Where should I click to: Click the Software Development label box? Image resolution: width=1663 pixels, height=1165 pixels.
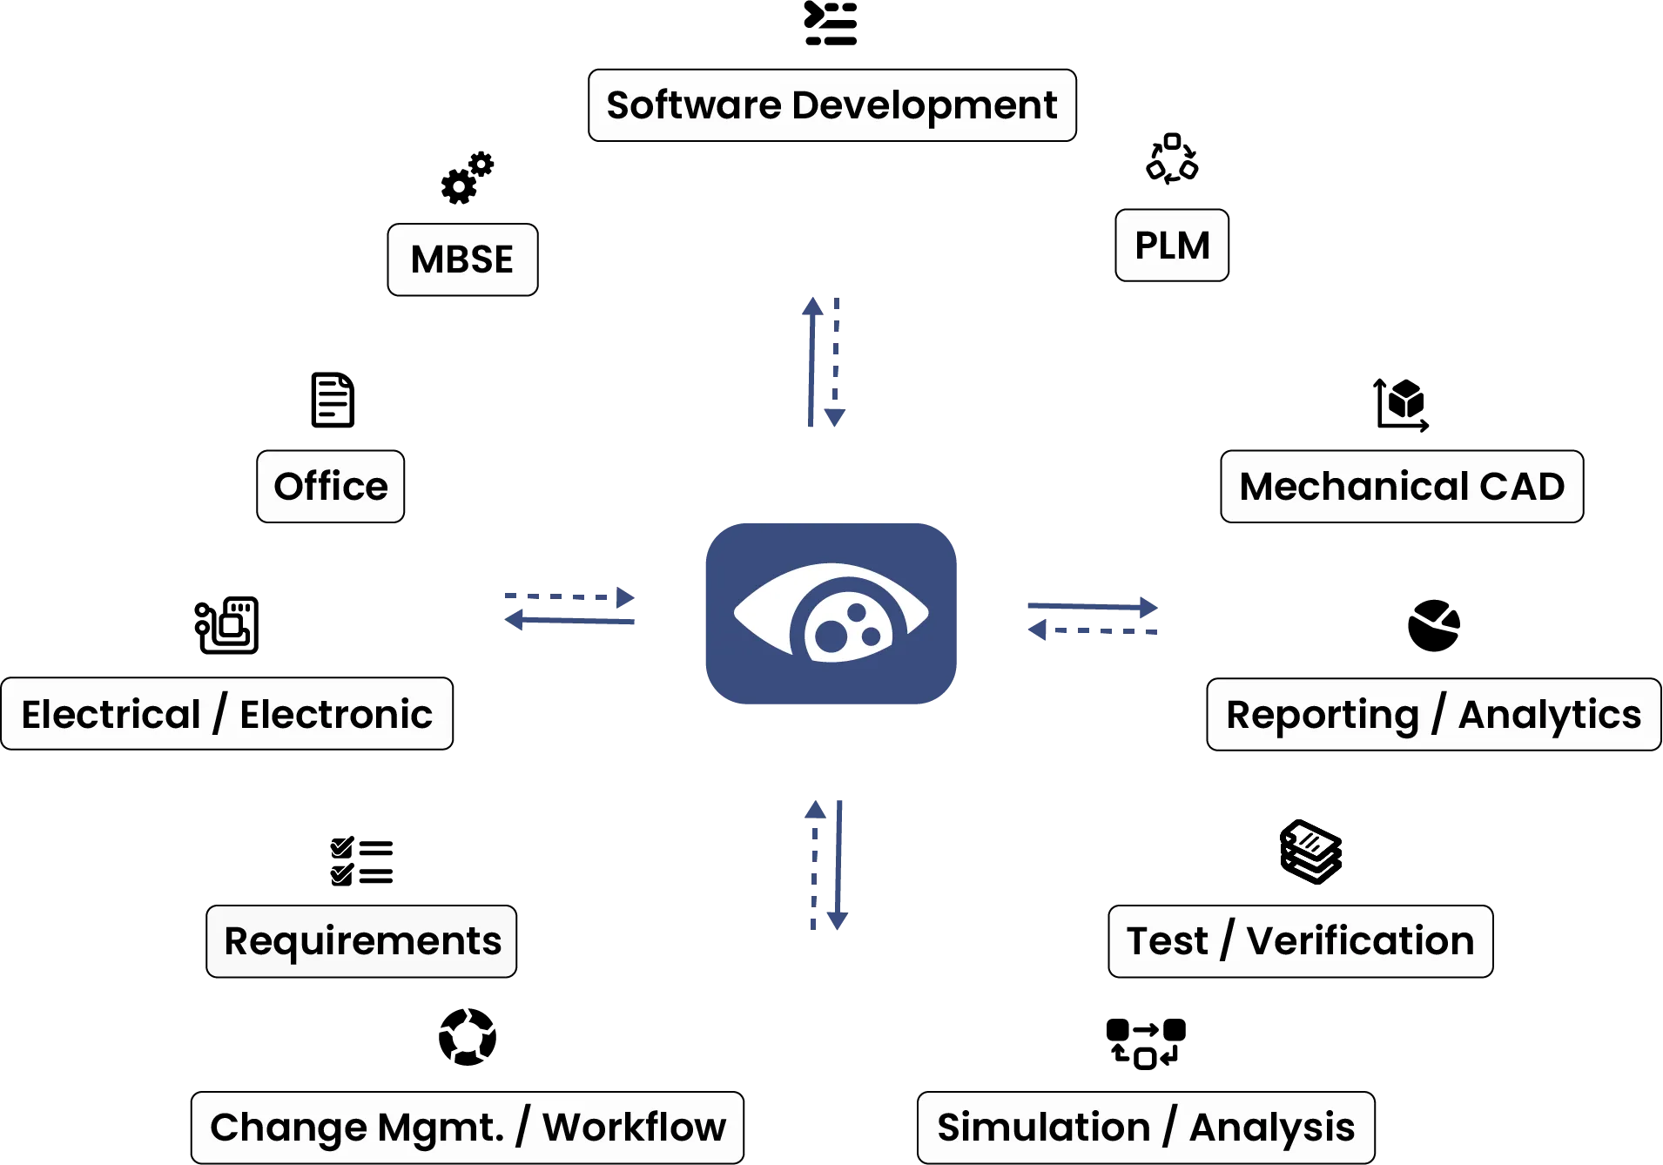tap(831, 105)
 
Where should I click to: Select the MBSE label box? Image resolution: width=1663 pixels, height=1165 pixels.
tap(462, 259)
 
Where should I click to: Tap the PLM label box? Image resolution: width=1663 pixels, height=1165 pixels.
tap(1172, 246)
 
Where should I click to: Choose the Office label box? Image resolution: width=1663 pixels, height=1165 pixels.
tap(331, 487)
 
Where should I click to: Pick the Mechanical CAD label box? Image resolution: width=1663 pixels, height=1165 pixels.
tap(1402, 487)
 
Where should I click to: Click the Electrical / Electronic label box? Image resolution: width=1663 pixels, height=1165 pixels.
tap(227, 714)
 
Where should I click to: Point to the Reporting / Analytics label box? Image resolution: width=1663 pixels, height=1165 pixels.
tap(1433, 714)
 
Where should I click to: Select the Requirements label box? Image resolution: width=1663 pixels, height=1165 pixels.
tap(362, 941)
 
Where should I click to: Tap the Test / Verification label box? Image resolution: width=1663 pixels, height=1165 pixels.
tap(1301, 941)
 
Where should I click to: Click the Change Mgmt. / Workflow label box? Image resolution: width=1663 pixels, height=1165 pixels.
tap(468, 1127)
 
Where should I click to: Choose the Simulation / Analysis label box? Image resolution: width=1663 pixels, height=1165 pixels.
tap(1146, 1127)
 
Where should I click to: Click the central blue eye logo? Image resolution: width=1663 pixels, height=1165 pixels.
tap(831, 616)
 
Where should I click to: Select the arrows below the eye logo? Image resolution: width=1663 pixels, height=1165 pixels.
tap(824, 863)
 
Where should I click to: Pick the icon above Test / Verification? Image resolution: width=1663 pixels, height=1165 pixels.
tap(1309, 850)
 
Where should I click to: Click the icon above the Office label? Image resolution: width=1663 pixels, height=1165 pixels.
tap(331, 401)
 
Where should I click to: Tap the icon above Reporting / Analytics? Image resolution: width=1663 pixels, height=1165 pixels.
tap(1434, 626)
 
